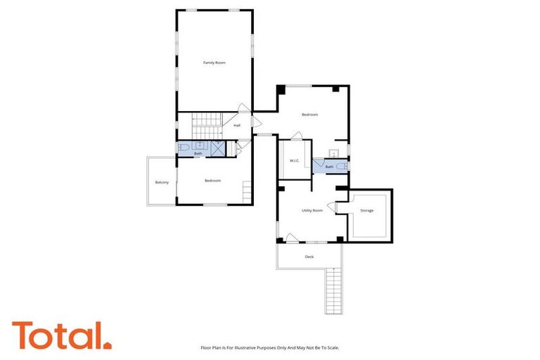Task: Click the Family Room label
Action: [214, 63]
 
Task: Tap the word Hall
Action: [237, 125]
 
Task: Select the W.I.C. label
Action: [295, 161]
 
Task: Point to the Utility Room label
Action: [312, 210]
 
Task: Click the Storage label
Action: [366, 210]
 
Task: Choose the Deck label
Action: [309, 257]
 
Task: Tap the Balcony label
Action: [162, 182]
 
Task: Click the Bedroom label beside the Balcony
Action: [212, 181]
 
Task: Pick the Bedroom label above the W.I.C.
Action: [310, 115]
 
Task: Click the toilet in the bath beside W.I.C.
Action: [340, 166]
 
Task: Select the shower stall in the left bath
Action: [218, 148]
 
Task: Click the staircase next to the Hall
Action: [207, 127]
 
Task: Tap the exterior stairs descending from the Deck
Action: [333, 291]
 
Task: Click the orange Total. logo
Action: [61, 335]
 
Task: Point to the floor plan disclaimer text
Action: [270, 347]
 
